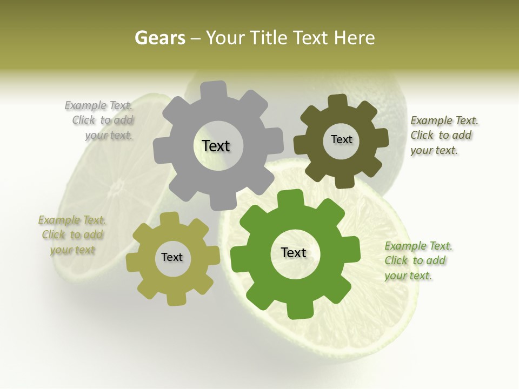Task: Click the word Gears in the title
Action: coord(159,38)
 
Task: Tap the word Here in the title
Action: coord(354,38)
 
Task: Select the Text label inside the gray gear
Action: coord(216,146)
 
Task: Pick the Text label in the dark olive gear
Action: coord(341,139)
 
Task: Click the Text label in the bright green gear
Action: coord(294,252)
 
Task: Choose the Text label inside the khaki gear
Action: coord(172,257)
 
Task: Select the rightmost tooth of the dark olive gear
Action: coord(381,138)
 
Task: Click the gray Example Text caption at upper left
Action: coord(100,120)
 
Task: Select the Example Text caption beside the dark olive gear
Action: coord(443,136)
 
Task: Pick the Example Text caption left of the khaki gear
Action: coord(72,235)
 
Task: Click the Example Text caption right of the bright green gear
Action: coord(417,261)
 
